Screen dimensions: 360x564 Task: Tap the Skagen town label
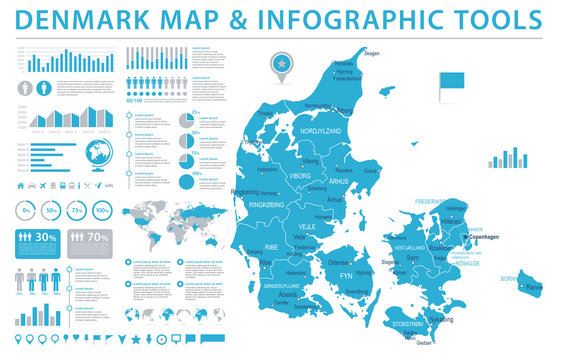tap(370, 55)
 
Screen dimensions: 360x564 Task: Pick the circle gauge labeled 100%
tap(102, 211)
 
